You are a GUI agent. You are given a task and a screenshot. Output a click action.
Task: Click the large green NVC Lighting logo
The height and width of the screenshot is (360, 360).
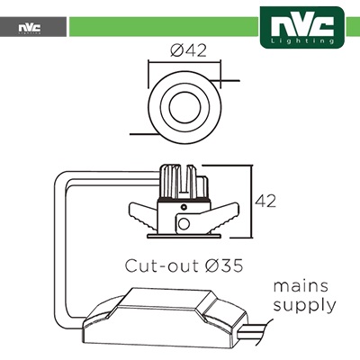(302, 27)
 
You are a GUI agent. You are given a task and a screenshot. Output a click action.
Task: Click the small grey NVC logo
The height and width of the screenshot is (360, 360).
(30, 28)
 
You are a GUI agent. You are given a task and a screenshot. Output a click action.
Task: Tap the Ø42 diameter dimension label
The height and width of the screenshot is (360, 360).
(188, 50)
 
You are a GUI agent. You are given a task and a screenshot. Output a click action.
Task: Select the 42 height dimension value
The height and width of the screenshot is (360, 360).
(265, 201)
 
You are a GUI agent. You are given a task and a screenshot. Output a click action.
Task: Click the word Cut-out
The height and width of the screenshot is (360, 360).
(162, 265)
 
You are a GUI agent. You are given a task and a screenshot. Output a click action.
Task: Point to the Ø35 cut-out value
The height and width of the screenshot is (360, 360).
(224, 265)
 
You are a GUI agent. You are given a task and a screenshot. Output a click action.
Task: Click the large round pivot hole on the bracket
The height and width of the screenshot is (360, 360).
(184, 223)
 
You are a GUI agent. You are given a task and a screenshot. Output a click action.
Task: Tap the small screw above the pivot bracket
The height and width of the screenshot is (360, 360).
(184, 207)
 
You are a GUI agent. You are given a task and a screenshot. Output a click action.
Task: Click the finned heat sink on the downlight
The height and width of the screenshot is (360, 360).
(184, 182)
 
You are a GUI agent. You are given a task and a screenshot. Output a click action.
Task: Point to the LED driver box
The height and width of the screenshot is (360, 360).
(165, 319)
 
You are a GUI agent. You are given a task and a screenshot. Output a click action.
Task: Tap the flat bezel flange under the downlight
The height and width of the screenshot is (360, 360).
(184, 237)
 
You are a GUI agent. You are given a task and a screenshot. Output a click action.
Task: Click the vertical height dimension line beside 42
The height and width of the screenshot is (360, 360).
(250, 201)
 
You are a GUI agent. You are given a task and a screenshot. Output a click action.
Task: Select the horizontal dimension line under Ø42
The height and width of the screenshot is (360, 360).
(184, 63)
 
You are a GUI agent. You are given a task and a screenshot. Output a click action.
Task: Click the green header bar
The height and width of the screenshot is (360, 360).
(164, 27)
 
